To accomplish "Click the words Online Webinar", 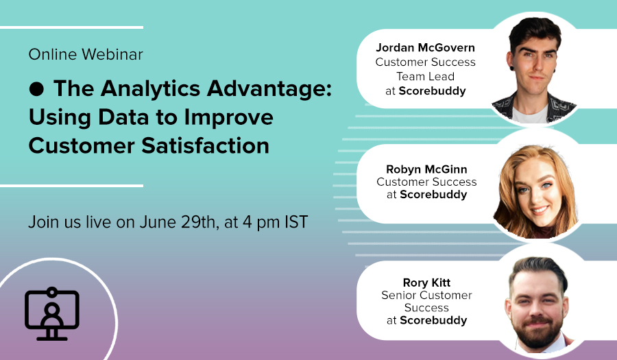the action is coord(86,54).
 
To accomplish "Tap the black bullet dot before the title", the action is coord(36,89).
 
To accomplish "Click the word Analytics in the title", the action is coord(151,89).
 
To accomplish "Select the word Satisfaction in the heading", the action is coord(206,145).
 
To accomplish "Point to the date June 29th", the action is coord(178,222).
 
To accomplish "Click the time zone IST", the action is coord(296,222).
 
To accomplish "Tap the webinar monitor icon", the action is coord(52,313).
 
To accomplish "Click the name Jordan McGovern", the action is coord(425,47).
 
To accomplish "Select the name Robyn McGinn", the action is coord(426,169).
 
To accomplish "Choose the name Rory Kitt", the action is coord(426,283).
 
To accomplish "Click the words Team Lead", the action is coord(425,76).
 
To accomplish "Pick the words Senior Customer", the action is coord(426,295).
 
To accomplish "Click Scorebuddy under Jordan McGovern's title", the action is coord(432,91).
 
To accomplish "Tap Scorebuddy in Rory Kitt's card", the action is coord(433,320).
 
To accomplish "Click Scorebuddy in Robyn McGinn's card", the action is coord(433,194).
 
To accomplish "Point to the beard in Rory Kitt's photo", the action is coord(537,331).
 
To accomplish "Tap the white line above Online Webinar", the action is coord(71,27).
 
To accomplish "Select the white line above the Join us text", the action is coord(71,186).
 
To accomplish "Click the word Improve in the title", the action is coord(228,118).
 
